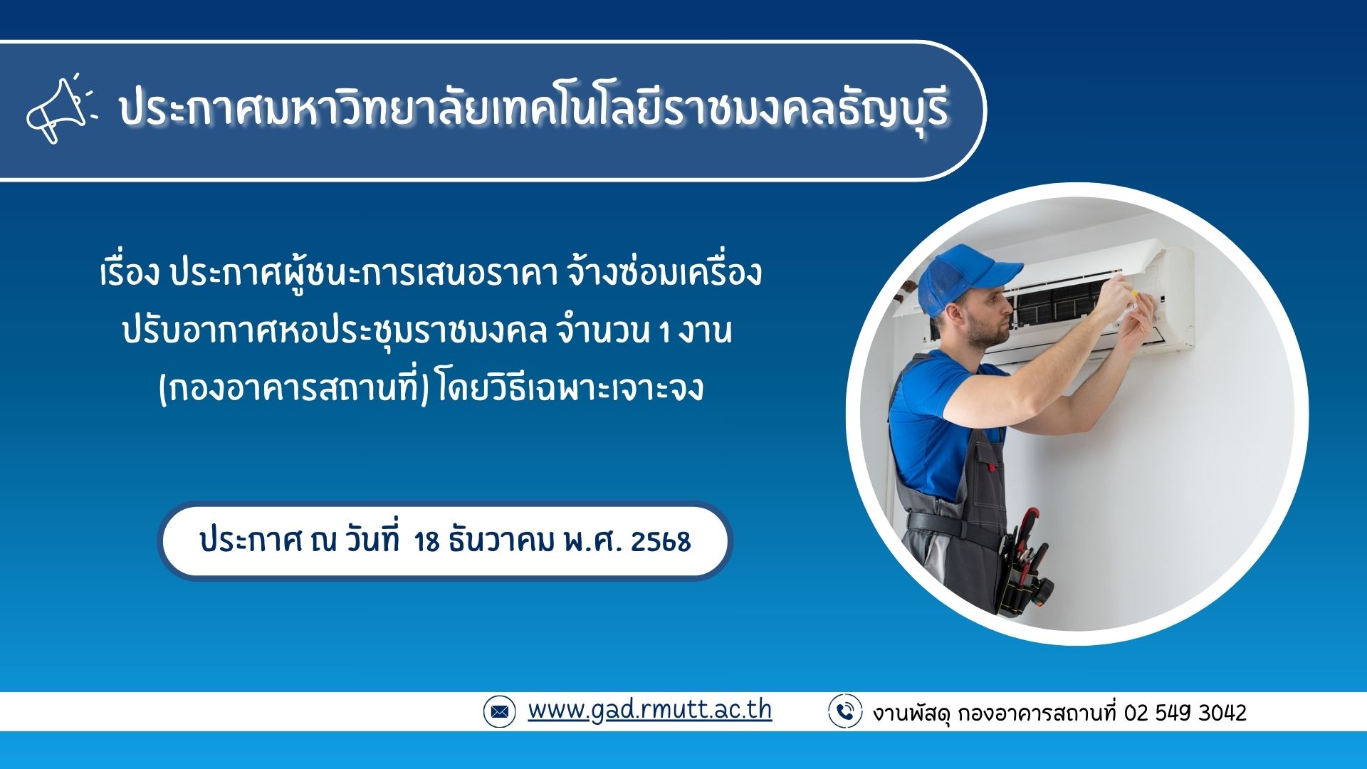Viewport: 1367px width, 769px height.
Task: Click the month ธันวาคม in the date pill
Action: point(502,541)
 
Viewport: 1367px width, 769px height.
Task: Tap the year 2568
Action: point(660,542)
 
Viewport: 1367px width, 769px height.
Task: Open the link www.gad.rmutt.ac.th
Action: point(649,710)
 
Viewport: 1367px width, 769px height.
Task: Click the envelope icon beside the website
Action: point(499,711)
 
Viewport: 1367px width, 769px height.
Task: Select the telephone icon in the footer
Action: point(845,711)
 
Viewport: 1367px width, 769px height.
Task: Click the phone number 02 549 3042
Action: point(1185,713)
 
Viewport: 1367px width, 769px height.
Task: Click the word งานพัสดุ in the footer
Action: point(911,713)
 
